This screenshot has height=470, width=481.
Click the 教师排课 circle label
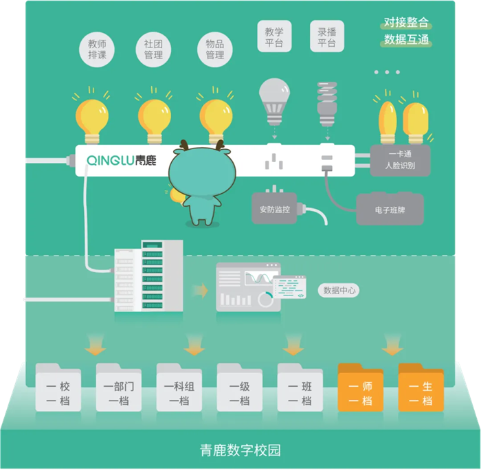point(97,49)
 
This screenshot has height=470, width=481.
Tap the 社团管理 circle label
point(153,49)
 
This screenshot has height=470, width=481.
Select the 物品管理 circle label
point(215,49)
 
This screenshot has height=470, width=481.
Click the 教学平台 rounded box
point(274,36)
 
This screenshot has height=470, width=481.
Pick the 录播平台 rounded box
point(326,36)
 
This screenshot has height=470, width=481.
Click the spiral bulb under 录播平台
point(326,103)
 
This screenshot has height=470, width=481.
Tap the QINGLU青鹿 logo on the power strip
point(122,160)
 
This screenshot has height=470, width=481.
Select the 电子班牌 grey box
point(390,208)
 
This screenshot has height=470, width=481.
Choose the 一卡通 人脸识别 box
point(400,160)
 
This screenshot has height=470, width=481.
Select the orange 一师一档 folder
point(361,390)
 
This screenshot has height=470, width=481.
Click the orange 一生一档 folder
point(421,390)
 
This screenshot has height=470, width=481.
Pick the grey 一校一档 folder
point(58,390)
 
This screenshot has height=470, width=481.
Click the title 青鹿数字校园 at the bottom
point(240,451)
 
